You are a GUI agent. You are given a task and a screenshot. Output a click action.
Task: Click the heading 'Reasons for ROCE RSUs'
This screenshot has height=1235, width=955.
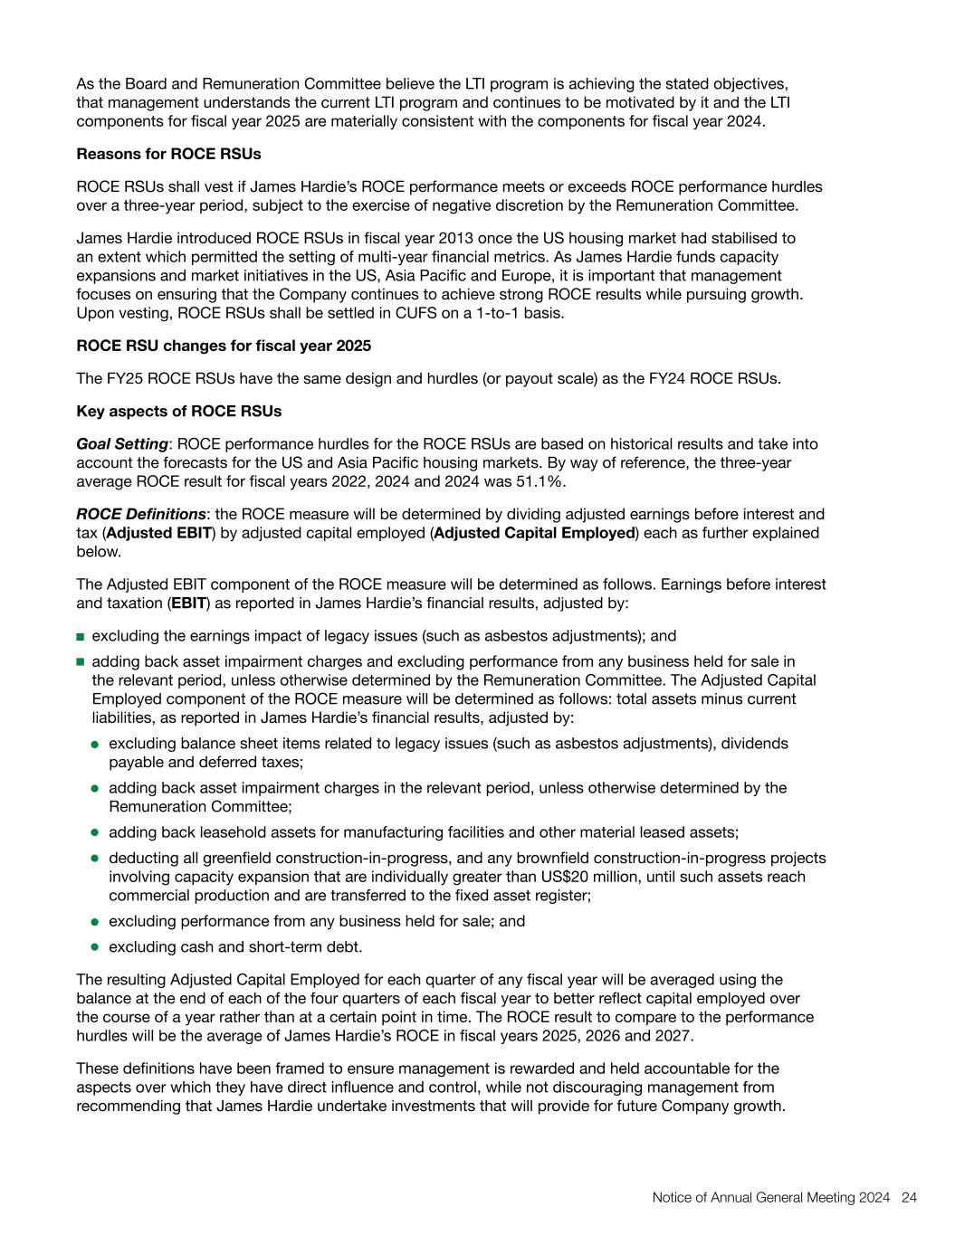pos(168,154)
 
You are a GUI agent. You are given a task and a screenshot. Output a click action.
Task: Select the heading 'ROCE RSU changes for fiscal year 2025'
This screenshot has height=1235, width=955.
pos(224,346)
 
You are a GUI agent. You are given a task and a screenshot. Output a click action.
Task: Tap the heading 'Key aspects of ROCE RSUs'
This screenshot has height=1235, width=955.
pos(178,411)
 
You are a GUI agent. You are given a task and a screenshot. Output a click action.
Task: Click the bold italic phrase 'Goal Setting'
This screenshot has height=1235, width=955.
pos(122,444)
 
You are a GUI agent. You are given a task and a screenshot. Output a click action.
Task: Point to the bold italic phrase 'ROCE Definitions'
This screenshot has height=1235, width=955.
pos(141,514)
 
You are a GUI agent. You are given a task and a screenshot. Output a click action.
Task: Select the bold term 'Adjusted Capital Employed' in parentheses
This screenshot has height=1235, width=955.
pos(534,533)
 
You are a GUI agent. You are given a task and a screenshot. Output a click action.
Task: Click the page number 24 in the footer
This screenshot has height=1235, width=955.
pos(910,1198)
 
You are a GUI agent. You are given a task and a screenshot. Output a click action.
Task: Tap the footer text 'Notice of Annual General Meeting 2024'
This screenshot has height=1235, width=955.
pos(771,1198)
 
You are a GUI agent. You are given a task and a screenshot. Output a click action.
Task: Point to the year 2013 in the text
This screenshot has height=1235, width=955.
pos(451,238)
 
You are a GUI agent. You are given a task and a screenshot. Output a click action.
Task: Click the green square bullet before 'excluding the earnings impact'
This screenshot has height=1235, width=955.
pos(81,637)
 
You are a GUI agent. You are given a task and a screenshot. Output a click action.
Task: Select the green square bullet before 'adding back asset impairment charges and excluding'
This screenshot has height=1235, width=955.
pos(81,662)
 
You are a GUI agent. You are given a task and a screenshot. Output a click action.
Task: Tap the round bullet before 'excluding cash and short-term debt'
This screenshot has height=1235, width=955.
pos(95,947)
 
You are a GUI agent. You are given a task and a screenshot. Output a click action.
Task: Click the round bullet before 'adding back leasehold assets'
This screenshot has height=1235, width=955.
pos(95,832)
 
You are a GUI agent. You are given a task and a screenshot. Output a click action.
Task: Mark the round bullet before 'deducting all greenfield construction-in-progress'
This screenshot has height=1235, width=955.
pos(95,859)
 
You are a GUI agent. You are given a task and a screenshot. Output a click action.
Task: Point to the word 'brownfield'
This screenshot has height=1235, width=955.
pos(606,858)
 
